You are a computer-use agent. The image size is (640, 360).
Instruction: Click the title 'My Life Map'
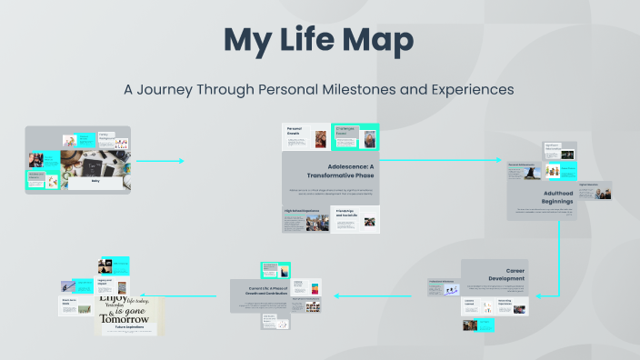tap(319, 41)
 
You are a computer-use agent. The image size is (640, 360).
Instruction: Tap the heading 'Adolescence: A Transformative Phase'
tap(330, 172)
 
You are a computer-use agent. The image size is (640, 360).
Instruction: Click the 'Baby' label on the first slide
tap(95, 181)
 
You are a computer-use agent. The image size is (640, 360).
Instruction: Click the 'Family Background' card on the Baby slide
tap(110, 139)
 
